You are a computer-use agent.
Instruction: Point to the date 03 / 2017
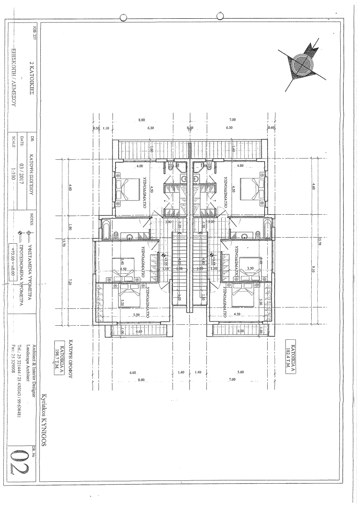22,170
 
